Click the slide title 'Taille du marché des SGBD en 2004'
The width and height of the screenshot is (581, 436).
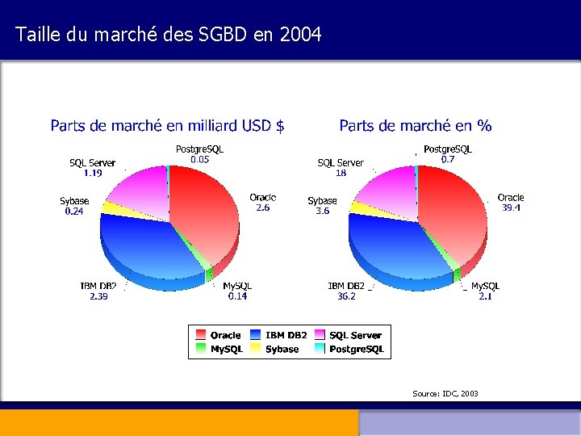(x=169, y=35)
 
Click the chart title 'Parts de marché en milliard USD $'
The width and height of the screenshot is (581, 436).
(x=167, y=125)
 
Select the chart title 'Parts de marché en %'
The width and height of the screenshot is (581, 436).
(x=416, y=125)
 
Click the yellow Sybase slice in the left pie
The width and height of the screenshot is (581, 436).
(x=114, y=208)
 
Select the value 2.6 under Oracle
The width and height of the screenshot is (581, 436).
(x=263, y=208)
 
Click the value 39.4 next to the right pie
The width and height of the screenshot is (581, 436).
(x=511, y=208)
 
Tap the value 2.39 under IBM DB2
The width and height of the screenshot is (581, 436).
(x=98, y=296)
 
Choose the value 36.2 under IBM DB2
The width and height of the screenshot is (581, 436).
(x=347, y=296)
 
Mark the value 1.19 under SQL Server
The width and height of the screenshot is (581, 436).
(x=93, y=173)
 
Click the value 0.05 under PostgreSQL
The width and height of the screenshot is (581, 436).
(x=199, y=160)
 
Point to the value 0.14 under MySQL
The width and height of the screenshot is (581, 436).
(x=237, y=296)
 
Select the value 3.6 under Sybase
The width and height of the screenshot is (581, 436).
(x=322, y=211)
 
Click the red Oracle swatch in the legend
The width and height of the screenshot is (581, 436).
(x=200, y=335)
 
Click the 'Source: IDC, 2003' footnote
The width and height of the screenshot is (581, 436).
(x=445, y=393)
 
